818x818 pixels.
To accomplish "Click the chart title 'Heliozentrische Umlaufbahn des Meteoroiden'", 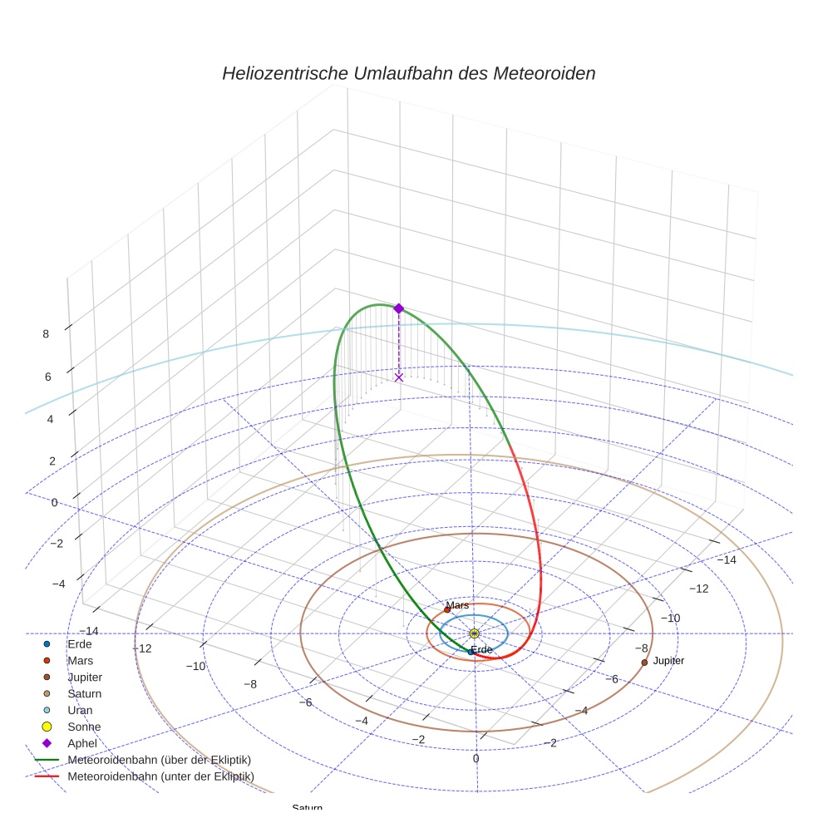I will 408,73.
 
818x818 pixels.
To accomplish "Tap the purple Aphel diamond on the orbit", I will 398,308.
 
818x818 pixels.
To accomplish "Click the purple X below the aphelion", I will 398,377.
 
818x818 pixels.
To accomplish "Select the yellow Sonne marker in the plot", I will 474,633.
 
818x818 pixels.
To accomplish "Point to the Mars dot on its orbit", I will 447,609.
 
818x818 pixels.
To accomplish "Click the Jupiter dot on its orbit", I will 644,663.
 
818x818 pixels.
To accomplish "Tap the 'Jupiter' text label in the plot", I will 668,661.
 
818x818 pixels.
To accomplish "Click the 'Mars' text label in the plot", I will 457,605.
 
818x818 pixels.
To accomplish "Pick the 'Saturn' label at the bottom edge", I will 307,808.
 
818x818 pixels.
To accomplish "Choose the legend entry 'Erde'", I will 79,644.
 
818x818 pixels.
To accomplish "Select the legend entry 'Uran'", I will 80,710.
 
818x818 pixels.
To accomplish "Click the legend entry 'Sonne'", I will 84,727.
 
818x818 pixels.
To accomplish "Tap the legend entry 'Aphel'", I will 82,743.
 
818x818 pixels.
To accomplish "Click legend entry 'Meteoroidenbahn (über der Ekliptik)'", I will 159,760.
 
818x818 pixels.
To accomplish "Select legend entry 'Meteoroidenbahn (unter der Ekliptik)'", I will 160,776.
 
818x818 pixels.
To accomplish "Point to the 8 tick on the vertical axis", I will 46,334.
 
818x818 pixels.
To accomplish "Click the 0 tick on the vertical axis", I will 54,502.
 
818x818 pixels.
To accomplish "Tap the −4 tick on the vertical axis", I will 58,584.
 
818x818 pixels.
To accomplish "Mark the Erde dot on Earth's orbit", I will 471,652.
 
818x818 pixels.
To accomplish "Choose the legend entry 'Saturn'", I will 85,693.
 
